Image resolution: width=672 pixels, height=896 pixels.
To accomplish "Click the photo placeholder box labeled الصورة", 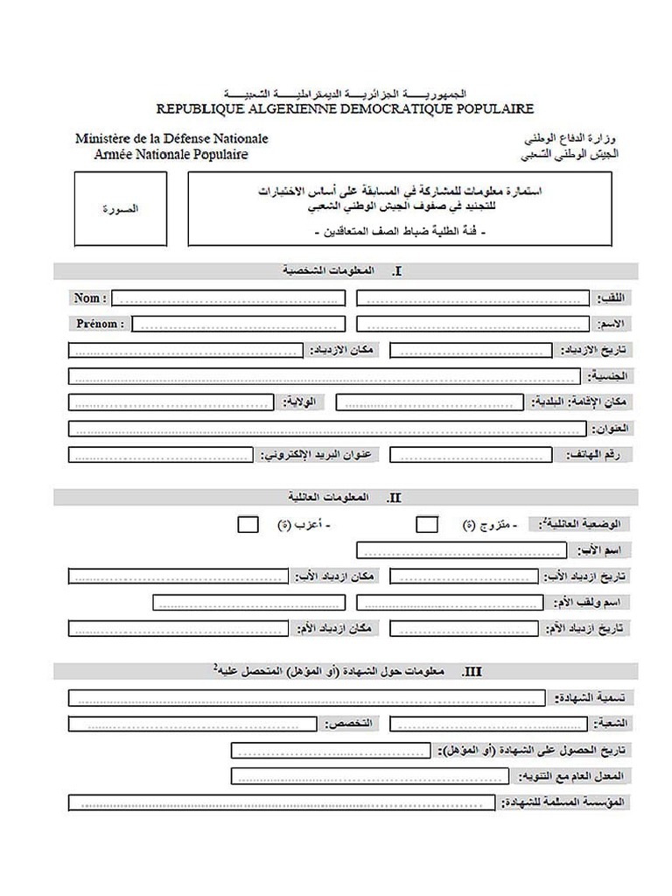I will pos(121,209).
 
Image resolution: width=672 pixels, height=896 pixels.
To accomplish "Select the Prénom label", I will pos(98,324).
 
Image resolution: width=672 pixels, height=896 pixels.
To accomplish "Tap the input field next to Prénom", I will pos(239,324).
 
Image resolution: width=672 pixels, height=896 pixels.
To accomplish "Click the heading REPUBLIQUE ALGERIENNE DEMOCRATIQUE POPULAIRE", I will pos(345,109).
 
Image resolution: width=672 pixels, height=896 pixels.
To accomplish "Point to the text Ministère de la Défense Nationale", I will pos(171,138).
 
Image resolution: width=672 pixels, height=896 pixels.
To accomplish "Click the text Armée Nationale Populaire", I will pos(171,154).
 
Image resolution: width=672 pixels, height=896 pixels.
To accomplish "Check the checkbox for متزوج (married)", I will pos(427,525).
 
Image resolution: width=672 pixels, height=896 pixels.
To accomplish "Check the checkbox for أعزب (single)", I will pos(248,525).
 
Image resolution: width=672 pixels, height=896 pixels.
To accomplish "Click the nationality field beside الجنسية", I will pos(324,376).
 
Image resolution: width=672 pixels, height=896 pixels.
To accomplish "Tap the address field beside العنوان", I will pos(325,429).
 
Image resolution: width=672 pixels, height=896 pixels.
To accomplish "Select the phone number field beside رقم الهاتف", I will pos(472,455).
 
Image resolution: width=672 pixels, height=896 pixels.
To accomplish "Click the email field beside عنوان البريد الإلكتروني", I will pos(161,455).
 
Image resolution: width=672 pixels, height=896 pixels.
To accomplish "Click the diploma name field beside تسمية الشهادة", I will pos(306,698).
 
